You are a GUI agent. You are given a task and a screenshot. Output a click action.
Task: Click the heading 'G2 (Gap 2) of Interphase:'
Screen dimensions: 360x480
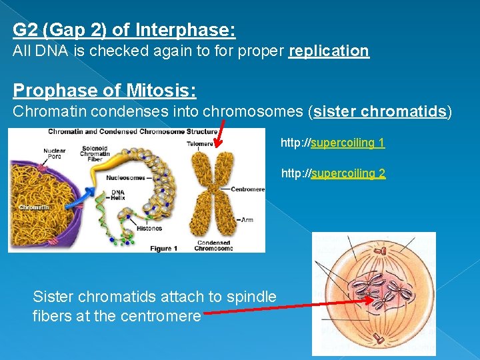[x=124, y=31]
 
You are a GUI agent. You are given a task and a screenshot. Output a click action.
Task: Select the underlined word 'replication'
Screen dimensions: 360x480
[x=329, y=51]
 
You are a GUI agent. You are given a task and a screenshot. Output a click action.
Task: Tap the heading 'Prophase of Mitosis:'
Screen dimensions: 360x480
[x=104, y=90]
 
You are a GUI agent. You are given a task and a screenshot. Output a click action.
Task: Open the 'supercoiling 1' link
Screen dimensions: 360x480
[x=347, y=143]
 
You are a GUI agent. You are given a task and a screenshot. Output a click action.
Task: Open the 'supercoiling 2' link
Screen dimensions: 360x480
[x=347, y=173]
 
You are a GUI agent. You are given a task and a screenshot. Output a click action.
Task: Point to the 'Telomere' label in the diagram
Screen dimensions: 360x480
[x=200, y=143]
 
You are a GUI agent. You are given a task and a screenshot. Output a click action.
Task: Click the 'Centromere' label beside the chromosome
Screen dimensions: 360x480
[x=247, y=189]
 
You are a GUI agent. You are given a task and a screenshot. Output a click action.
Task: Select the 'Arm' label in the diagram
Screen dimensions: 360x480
[x=247, y=219]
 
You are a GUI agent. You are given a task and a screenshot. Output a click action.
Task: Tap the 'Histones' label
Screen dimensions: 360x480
[x=149, y=228]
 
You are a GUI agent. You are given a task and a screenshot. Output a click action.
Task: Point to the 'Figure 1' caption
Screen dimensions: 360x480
[x=163, y=248]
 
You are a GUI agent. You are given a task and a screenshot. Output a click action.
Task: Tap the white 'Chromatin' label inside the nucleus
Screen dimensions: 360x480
[x=34, y=207]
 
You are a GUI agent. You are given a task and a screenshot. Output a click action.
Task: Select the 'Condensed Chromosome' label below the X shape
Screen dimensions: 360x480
[x=213, y=245]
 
